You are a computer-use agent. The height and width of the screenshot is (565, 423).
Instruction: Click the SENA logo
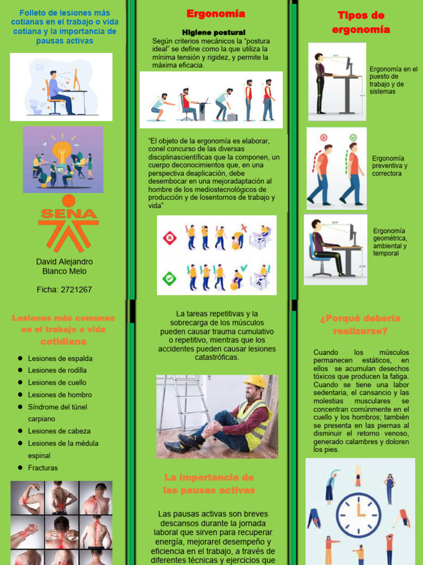[x=68, y=223]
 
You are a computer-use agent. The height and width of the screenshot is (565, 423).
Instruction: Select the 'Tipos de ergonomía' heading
[x=361, y=23]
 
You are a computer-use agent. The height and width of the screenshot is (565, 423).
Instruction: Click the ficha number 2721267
[x=64, y=289]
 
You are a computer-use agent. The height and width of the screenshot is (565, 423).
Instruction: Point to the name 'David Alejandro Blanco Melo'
[x=64, y=266]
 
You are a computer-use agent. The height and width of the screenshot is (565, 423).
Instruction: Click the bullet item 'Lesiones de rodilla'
[x=57, y=370]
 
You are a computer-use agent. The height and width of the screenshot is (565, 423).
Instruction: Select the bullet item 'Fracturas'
[x=43, y=468]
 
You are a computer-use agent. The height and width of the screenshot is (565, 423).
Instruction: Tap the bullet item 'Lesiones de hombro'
[x=60, y=395]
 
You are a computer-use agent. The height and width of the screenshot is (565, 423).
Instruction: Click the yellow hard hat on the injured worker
[x=254, y=382]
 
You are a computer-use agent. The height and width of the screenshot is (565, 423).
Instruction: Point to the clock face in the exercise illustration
[x=359, y=511]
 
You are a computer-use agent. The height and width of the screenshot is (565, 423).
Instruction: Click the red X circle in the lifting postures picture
[x=169, y=238]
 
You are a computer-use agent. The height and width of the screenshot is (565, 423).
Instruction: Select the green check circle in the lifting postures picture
[x=169, y=278]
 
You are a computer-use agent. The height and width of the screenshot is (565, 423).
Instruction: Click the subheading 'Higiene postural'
[x=214, y=33]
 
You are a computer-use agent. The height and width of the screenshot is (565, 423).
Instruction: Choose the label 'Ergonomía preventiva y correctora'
[x=390, y=166]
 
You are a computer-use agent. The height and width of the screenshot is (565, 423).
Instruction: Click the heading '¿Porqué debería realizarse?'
[x=360, y=324]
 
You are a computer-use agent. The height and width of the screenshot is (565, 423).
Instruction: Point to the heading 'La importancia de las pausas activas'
[x=209, y=484]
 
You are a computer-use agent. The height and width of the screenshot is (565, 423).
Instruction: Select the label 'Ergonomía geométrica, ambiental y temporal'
[x=390, y=242]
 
